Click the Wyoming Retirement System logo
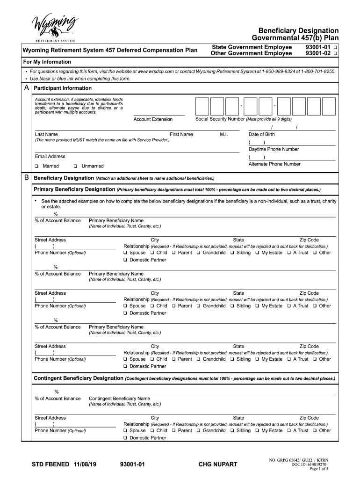click(54, 28)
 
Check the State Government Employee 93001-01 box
click(336, 48)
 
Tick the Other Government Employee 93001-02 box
click(336, 54)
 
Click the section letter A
click(27, 88)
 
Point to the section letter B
click(27, 178)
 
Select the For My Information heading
click(47, 62)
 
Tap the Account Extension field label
click(153, 119)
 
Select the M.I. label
click(223, 134)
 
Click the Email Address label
click(50, 156)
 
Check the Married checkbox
click(36, 166)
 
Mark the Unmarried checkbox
click(75, 166)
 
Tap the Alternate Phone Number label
click(274, 164)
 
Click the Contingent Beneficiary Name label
click(119, 399)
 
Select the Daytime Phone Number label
click(274, 149)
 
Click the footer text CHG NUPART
click(218, 464)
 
